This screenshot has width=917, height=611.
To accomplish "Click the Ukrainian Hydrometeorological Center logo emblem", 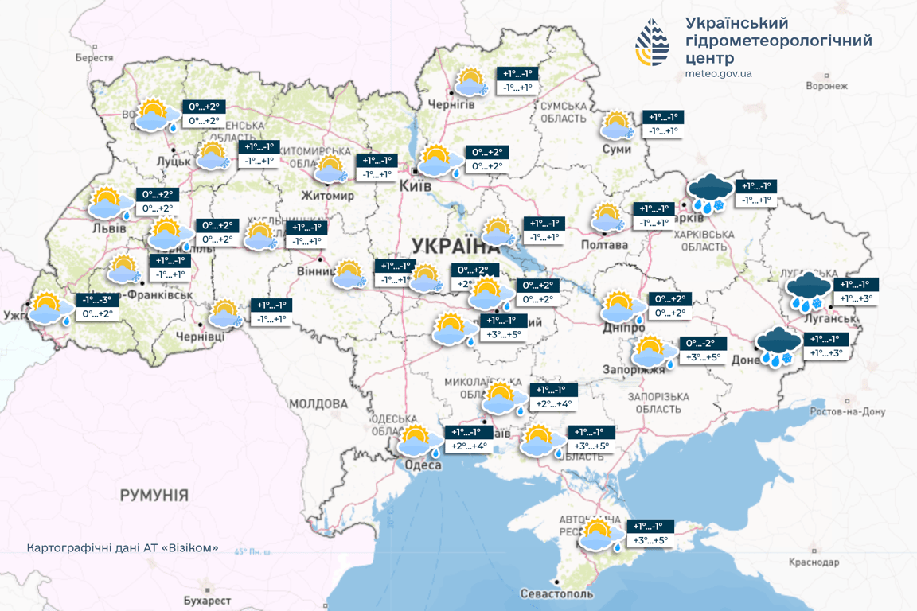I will pos(652,43).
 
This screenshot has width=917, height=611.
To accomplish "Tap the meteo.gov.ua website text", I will pos(718,74).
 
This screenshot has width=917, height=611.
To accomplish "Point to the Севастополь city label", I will pos(556,594).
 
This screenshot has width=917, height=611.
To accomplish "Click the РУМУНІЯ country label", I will pos(154,496).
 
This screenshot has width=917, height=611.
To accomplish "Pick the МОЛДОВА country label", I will pos(318,404).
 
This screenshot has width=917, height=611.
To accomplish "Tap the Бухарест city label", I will pos(206,601).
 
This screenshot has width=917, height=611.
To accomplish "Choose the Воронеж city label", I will pos(827,86).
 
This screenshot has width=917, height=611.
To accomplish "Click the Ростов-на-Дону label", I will pos(847,412).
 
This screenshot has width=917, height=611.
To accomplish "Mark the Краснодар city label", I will pos(814,562).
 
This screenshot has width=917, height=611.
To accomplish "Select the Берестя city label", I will pos(95,58).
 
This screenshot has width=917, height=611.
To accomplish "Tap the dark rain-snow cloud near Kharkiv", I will pos(709,195).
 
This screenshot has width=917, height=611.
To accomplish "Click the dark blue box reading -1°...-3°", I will pos(99,300).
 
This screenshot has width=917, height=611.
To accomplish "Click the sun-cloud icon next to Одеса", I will pos(419,442).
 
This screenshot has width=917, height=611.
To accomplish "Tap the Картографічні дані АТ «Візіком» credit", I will pos(122,549).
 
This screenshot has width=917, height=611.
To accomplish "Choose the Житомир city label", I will pos(327,196).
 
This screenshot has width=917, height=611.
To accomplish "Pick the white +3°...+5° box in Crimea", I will pos(650,541).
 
